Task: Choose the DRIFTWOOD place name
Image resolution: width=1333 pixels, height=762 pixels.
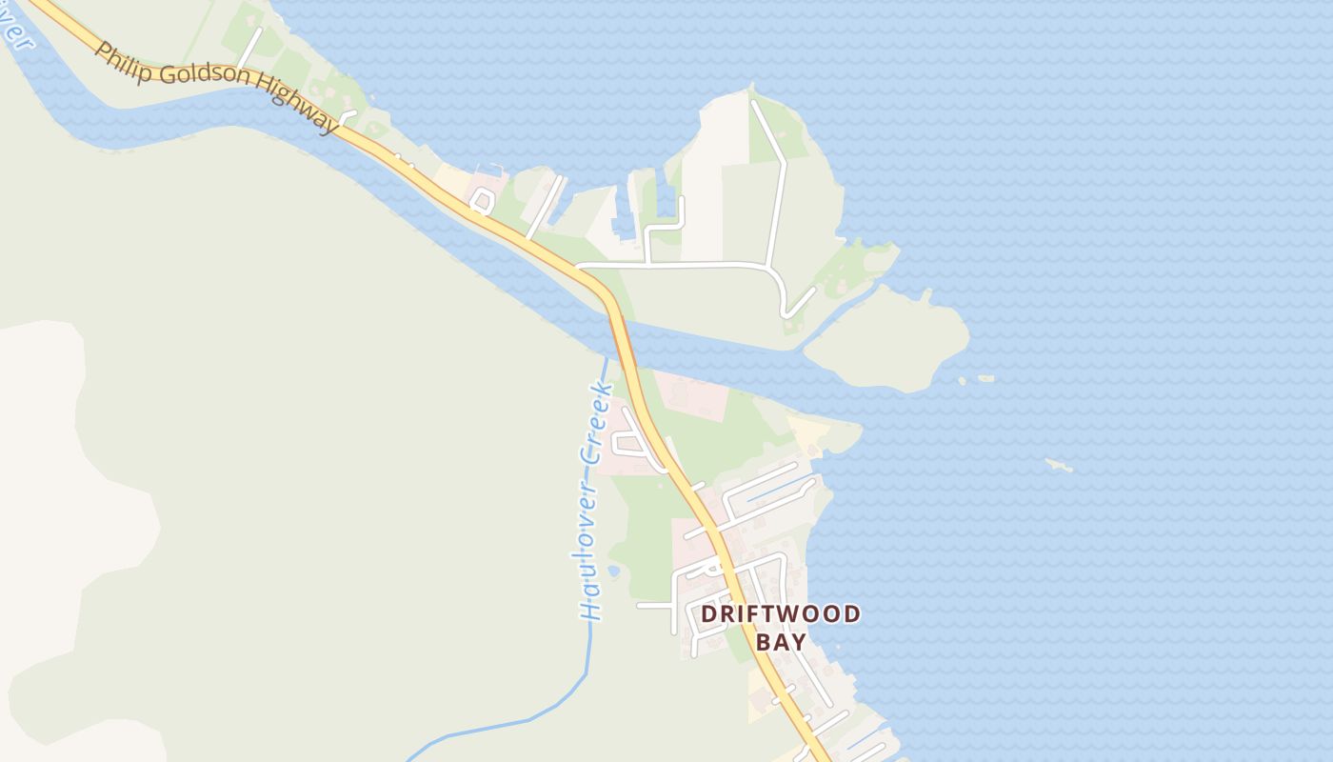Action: click(781, 614)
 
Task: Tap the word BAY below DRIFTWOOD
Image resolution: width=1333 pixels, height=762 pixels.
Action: click(781, 641)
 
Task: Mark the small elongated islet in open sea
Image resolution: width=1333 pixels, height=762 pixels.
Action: click(1059, 466)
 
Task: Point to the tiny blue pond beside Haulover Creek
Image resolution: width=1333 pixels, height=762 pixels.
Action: click(613, 571)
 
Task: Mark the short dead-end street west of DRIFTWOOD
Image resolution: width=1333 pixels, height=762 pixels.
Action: click(655, 606)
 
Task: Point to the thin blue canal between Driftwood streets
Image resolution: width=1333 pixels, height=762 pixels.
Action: click(776, 491)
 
